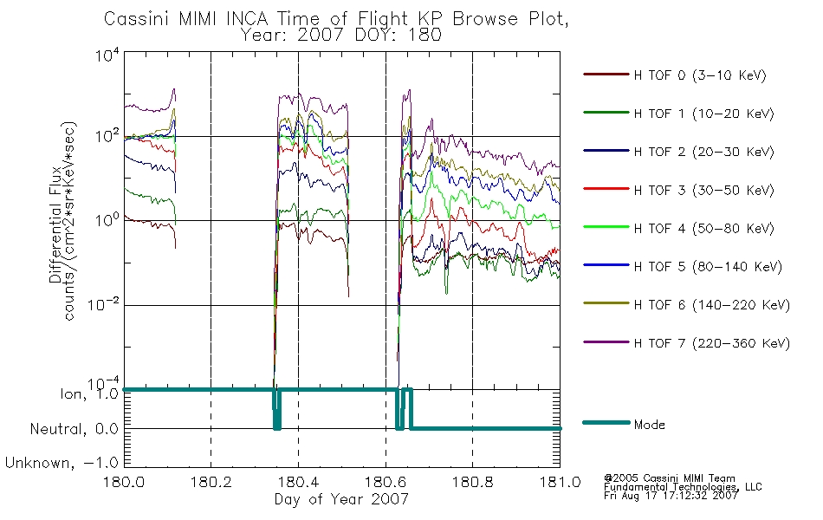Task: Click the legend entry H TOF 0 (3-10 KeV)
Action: tap(700, 76)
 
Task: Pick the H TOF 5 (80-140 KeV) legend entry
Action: tap(708, 267)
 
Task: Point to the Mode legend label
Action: tap(651, 426)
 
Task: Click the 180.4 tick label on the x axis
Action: tap(298, 482)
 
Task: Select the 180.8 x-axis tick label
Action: tap(472, 482)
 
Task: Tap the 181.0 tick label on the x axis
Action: tap(560, 482)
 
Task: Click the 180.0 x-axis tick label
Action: tap(123, 482)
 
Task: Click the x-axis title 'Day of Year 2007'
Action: tap(341, 499)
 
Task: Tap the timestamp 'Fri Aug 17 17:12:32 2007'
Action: tap(671, 497)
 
